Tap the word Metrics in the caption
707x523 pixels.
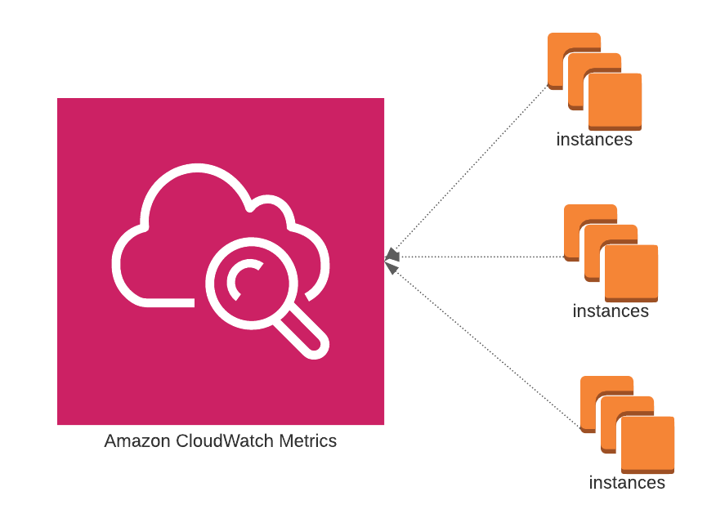pyautogui.click(x=307, y=441)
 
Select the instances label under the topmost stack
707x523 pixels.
pyautogui.click(x=594, y=140)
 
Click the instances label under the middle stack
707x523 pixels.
pyautogui.click(x=611, y=311)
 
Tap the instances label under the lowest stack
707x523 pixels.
pyautogui.click(x=627, y=483)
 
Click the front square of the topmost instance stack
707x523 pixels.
pyautogui.click(x=615, y=101)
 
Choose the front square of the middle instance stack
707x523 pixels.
pyautogui.click(x=631, y=273)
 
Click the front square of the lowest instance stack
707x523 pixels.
pyautogui.click(x=647, y=445)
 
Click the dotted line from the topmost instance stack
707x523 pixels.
pyautogui.click(x=474, y=168)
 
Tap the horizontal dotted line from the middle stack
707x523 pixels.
pyautogui.click(x=482, y=257)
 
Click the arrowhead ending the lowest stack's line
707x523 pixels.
pyautogui.click(x=392, y=267)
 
